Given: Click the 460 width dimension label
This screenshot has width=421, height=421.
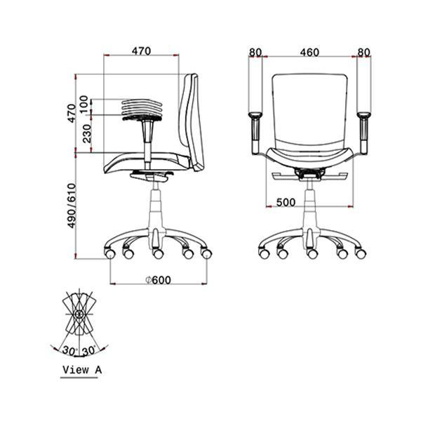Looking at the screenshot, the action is coord(309,53).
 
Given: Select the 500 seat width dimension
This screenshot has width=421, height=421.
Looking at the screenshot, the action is coord(286,202).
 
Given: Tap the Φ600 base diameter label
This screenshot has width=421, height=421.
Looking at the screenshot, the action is coord(158,280).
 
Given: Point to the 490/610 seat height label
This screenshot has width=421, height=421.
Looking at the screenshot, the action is coord(72,206).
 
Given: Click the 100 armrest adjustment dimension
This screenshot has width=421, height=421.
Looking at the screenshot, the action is coord(83,105).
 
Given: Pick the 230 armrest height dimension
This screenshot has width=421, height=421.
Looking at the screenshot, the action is coord(87,133).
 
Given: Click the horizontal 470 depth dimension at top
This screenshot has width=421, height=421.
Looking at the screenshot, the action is coord(141,51).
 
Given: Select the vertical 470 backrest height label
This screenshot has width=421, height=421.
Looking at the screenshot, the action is coord(72,113).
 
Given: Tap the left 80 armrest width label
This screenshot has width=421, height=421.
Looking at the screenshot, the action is coord(255,53).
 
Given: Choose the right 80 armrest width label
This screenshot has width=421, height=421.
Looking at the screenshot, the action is coord(363,53).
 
